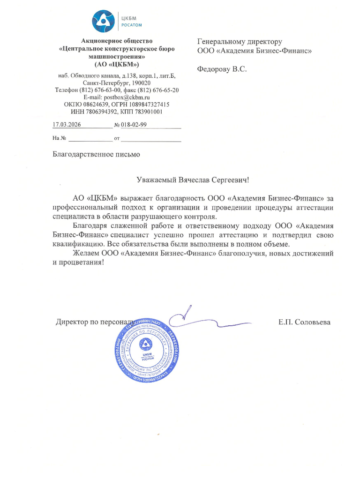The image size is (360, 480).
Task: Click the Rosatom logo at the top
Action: coord(117,20)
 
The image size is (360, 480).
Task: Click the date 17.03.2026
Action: coord(67,125)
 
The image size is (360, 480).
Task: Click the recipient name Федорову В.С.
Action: coord(222,69)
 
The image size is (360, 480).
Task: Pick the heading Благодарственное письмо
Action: coord(96,154)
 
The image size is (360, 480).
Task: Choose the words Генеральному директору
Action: coord(240,42)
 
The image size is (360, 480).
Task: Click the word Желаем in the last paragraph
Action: coord(86,253)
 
